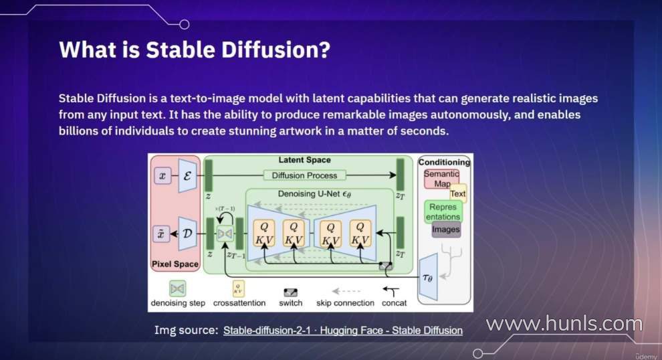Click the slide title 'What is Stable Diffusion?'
coord(195,50)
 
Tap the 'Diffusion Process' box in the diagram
coord(304,175)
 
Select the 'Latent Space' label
coord(304,160)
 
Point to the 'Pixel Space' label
coord(175,264)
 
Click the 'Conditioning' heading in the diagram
coord(444,162)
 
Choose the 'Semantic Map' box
coord(441,179)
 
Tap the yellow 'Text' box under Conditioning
coord(457,193)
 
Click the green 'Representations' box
coord(443,211)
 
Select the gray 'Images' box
coord(446,230)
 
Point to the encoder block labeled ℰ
coord(187,176)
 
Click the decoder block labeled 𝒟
coord(187,234)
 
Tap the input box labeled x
coord(162,175)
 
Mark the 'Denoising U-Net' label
coord(314,194)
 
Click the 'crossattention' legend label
coord(239,303)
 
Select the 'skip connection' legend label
coord(345,303)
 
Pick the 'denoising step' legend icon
coord(177,288)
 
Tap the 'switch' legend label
coord(290,303)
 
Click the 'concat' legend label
coord(394,303)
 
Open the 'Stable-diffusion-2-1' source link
coord(267,331)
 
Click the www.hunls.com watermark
coord(564,324)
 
